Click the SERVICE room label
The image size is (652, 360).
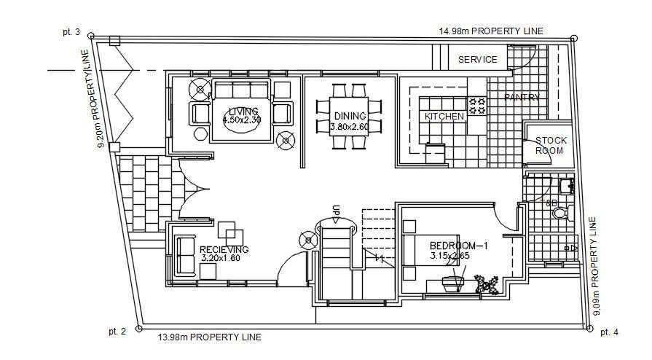(x=478, y=60)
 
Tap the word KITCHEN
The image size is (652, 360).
(x=444, y=116)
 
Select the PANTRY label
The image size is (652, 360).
(x=522, y=97)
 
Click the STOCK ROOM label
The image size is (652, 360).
(x=550, y=145)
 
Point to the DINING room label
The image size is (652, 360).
(x=350, y=116)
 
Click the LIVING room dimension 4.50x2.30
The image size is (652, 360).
(x=240, y=120)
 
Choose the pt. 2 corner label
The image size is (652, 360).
(x=117, y=332)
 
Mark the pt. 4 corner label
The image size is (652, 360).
(x=609, y=332)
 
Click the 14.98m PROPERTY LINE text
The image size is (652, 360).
(x=491, y=31)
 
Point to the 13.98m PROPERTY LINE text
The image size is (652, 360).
(x=210, y=337)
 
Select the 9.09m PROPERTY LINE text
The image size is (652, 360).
(x=597, y=266)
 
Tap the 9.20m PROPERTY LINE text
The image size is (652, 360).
(x=93, y=99)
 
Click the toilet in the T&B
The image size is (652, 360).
(x=559, y=213)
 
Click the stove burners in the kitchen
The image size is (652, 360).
(x=476, y=106)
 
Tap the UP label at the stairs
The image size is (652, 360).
(x=336, y=211)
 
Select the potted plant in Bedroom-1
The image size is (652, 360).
(x=486, y=283)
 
